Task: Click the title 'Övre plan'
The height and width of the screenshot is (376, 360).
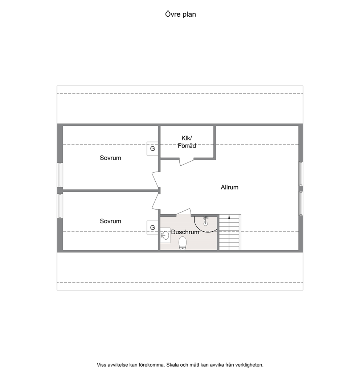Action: coord(180,15)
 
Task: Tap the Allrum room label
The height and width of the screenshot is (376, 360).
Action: coord(229,187)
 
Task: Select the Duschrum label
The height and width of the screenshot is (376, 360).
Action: coord(185,232)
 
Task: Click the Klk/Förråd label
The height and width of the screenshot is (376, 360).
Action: coord(187,142)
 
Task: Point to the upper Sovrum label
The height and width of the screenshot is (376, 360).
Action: coord(110,158)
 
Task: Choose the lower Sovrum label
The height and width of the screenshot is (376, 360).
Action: coord(110,221)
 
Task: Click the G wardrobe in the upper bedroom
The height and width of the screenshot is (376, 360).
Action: coord(152,149)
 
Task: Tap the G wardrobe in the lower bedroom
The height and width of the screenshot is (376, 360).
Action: coord(152,227)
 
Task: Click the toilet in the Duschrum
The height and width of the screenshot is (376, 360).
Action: coord(183,243)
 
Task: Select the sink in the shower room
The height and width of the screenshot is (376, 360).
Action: coord(165,235)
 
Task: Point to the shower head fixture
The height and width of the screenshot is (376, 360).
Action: coord(205,221)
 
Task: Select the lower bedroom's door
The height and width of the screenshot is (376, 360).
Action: coord(155,202)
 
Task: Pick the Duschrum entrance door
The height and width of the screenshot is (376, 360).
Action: coord(184,211)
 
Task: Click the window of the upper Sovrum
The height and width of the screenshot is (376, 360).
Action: coord(60,175)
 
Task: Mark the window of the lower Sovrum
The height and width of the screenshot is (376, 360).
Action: coord(60,206)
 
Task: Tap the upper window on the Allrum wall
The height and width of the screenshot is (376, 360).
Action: coord(301,173)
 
